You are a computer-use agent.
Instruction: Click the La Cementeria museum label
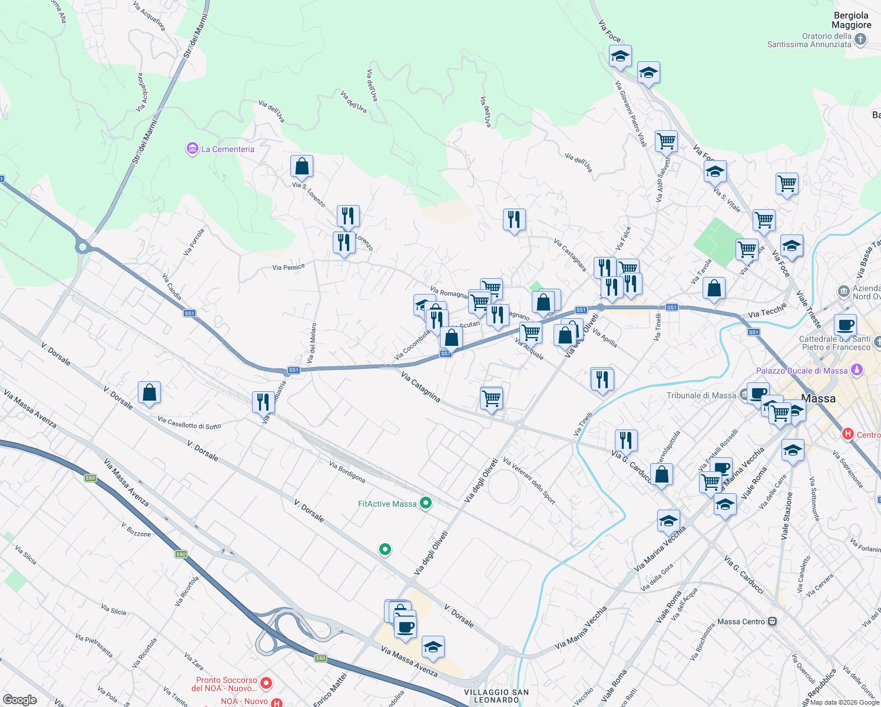pos(227,149)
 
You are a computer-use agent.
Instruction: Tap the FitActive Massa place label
pos(387,504)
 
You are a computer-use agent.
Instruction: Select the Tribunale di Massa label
pos(701,395)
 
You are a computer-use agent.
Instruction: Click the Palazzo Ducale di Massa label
pos(802,371)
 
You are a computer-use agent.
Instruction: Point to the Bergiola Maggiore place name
pos(851,20)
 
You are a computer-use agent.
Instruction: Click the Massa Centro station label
pos(741,622)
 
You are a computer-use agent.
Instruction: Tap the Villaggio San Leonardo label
pos(496,696)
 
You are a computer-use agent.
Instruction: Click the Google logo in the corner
pos(19,699)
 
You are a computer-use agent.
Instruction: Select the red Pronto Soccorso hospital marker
pos(266,683)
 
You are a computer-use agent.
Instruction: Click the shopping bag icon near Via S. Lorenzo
pos(302,167)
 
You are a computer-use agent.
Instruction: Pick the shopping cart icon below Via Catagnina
pos(491,399)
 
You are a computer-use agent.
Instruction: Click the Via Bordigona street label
pos(347,472)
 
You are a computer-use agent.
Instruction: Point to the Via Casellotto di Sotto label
pos(189,422)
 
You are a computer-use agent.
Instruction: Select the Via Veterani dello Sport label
pos(529,481)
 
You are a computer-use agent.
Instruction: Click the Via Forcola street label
pos(194,242)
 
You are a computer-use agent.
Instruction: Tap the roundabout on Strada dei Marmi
pos(82,246)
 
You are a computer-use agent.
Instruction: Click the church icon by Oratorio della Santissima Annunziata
pos(860,39)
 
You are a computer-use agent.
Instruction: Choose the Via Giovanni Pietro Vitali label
pos(631,114)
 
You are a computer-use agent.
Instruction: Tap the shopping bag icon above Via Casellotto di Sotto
pos(149,393)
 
